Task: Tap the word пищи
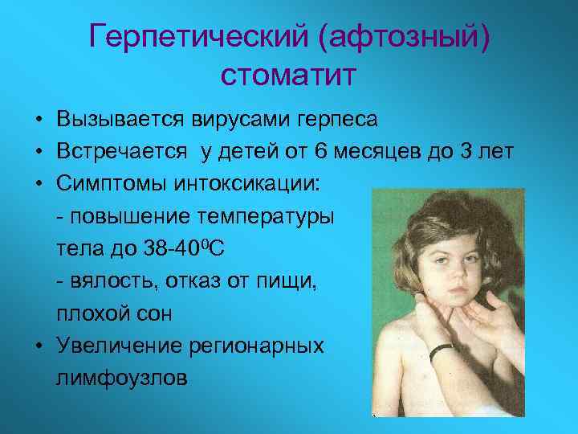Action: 289,281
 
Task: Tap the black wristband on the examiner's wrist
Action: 440,351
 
